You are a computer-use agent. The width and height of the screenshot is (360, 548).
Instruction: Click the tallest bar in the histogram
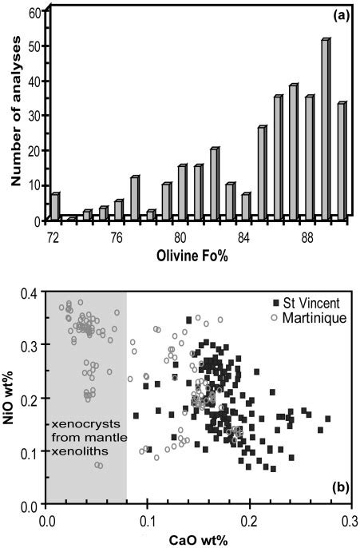click(325, 128)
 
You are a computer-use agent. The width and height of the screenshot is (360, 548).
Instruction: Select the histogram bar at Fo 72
click(54, 205)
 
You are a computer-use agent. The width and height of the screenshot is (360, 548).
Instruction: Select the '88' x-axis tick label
click(308, 237)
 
